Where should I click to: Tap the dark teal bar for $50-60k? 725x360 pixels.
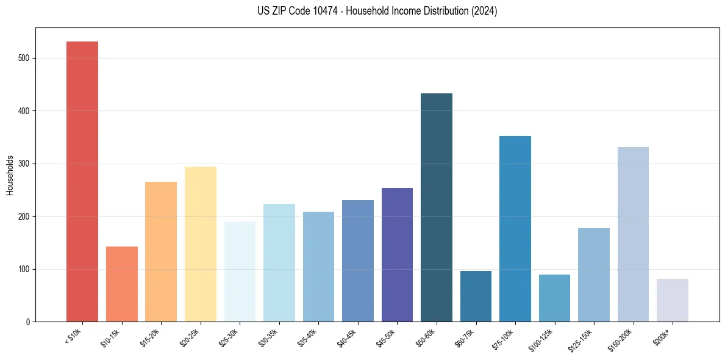pos(437,207)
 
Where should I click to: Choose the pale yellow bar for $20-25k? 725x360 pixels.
pos(201,244)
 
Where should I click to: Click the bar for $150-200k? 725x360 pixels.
pos(633,234)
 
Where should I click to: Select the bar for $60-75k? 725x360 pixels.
pos(476,297)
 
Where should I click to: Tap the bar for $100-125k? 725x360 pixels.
pos(554,298)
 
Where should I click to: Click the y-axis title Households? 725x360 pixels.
pos(10,175)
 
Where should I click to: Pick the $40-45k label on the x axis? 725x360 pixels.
pos(347,338)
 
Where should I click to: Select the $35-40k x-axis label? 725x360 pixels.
pos(308,338)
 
